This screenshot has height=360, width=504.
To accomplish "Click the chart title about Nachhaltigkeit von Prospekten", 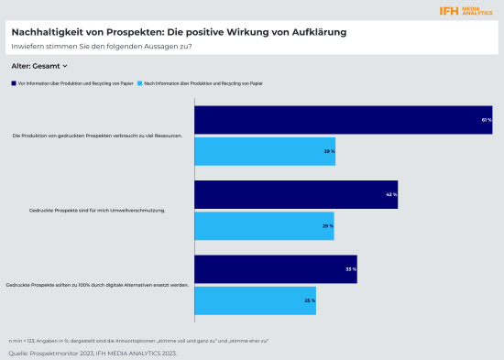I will click(x=180, y=31).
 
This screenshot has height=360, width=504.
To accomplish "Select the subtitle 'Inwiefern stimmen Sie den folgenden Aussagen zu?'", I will click(x=101, y=46).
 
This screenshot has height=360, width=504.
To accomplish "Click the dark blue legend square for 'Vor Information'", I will click(x=14, y=83).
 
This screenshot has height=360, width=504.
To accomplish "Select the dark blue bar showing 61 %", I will click(x=344, y=120).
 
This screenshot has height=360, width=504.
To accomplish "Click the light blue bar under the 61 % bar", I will click(x=265, y=150).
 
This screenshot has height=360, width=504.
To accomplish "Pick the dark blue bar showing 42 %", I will click(x=296, y=194).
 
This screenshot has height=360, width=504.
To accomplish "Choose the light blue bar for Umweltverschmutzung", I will click(x=264, y=225).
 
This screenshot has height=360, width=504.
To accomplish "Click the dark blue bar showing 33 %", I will click(x=276, y=269).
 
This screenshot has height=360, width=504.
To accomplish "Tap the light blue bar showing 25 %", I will click(x=255, y=300).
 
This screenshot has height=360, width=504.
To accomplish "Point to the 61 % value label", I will click(x=487, y=120).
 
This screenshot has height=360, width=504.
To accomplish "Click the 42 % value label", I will click(x=391, y=195).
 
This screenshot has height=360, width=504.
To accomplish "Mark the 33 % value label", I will click(x=350, y=269).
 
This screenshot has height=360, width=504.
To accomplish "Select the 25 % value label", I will click(x=309, y=300).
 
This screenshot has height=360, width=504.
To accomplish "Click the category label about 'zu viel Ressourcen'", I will click(x=97, y=136).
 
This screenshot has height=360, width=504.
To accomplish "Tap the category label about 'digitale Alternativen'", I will click(x=97, y=285).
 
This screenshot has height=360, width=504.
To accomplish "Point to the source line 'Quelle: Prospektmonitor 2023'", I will click(x=92, y=352).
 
